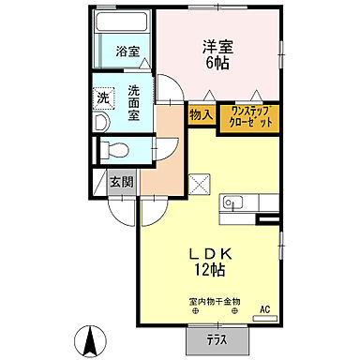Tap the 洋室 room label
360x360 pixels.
217,46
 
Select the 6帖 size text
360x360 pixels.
217,65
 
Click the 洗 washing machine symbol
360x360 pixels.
104,97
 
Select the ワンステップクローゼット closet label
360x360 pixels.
248,117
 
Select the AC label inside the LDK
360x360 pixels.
264,308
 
